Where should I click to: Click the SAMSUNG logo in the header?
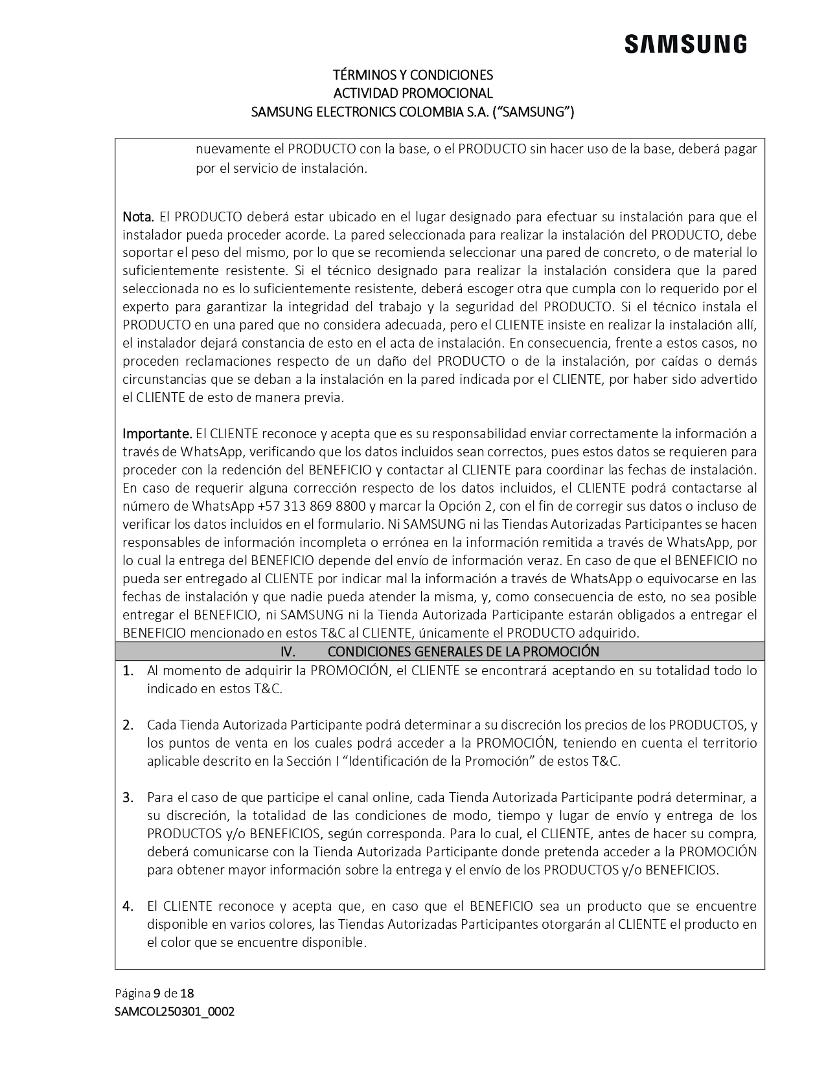coord(685,45)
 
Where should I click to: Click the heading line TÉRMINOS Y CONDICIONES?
coord(413,74)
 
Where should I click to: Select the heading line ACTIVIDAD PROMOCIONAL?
coord(413,93)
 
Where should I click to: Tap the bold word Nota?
coord(138,216)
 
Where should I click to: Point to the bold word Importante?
coord(157,434)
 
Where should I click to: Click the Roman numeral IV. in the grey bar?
coord(288,652)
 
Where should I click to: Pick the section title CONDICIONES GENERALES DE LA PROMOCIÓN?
coord(463,652)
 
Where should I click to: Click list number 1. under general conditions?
coord(128,671)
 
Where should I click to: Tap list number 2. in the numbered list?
coord(128,725)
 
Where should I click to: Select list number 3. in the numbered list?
coord(128,797)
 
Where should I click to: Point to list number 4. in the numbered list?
coord(128,906)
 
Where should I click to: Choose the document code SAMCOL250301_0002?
coord(174,1011)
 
